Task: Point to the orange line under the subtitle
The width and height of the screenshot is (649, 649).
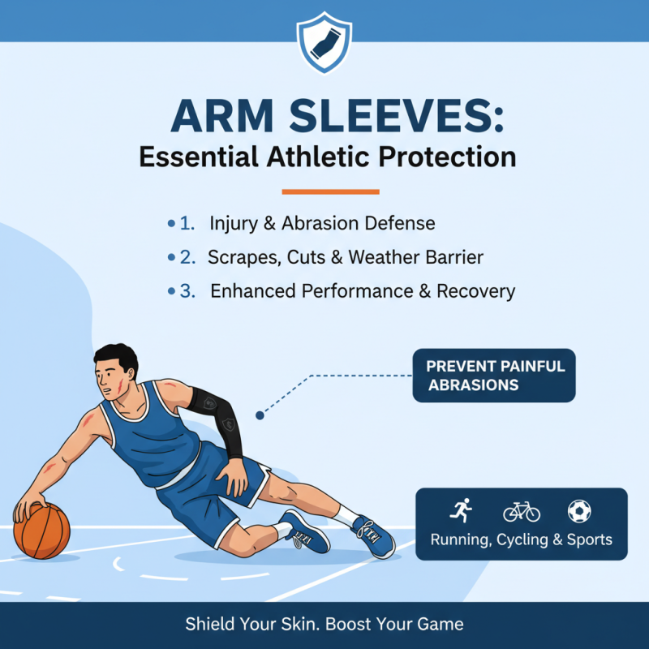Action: click(330, 192)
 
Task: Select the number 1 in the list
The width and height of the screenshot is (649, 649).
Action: click(186, 223)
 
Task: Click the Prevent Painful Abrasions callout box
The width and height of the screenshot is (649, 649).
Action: click(493, 376)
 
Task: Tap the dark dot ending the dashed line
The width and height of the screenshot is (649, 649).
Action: click(260, 415)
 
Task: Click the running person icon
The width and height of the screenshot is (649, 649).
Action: click(461, 511)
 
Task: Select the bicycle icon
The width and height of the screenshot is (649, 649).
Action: click(521, 511)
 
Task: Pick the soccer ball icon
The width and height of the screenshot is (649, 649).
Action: click(579, 511)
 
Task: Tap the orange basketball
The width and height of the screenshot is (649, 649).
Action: click(42, 531)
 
